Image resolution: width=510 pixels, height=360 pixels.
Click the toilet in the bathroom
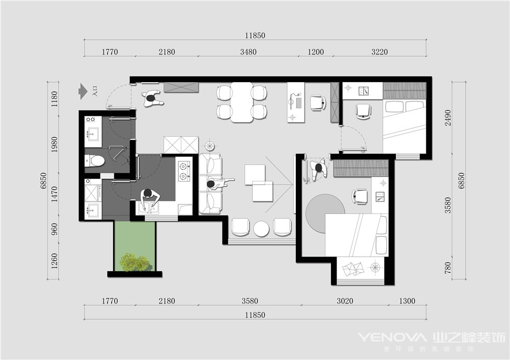(94, 161)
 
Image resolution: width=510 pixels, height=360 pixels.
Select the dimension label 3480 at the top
(248, 52)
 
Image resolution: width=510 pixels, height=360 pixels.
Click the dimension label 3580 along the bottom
(250, 301)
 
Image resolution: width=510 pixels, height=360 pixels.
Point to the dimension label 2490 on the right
(448, 118)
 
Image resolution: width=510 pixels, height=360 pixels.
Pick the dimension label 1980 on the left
(55, 144)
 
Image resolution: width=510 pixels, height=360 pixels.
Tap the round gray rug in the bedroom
(325, 214)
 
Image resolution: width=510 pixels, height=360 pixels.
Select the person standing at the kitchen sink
(149, 198)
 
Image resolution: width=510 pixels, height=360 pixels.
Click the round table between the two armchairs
(262, 228)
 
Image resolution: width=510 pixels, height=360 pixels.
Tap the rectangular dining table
(242, 102)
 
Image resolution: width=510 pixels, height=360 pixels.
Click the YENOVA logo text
(392, 338)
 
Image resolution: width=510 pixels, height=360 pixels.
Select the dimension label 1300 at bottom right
(407, 301)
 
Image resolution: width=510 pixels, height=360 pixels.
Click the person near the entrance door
(152, 98)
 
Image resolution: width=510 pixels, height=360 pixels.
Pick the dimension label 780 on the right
(448, 268)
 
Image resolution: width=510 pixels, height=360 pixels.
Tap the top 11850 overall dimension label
(255, 36)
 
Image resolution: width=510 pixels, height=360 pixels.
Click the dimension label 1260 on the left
(55, 261)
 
